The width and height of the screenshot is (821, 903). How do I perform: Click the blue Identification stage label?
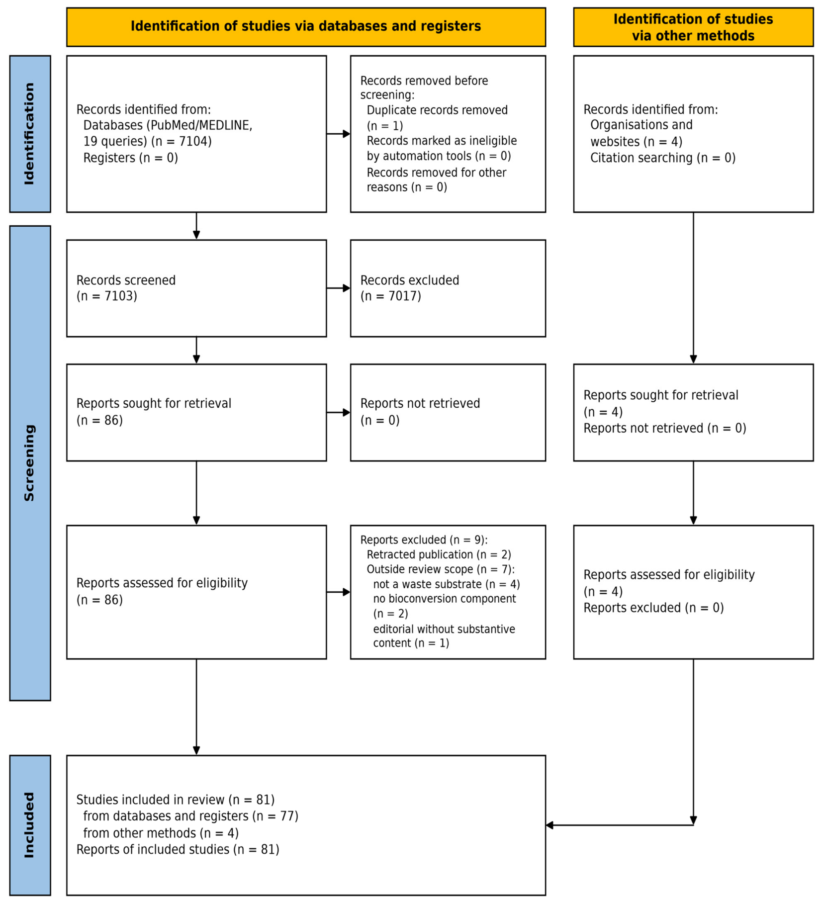(30, 134)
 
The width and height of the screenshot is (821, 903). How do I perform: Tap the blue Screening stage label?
(30, 463)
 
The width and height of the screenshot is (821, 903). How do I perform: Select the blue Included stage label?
(30, 825)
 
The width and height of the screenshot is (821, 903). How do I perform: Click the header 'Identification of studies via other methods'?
(693, 27)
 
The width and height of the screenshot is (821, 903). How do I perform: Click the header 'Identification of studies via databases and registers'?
(306, 26)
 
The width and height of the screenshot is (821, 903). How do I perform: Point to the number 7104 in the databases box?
(195, 141)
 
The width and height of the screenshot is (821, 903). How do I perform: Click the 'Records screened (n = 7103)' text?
(126, 288)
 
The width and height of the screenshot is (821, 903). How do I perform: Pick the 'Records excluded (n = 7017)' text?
(410, 288)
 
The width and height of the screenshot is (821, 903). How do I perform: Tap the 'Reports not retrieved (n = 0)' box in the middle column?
(448, 412)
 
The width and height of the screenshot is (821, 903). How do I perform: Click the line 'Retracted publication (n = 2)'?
(439, 554)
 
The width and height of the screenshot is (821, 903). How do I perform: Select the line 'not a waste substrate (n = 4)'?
(446, 584)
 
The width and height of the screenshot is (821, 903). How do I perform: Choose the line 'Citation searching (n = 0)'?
(662, 158)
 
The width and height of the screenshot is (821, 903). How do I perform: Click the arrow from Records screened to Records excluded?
(338, 288)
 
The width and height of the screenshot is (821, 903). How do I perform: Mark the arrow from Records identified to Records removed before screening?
(338, 134)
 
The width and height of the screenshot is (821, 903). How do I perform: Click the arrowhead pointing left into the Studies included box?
(549, 825)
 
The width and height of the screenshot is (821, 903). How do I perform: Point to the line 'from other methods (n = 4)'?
(161, 833)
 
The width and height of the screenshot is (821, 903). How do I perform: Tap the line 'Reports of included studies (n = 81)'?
(178, 849)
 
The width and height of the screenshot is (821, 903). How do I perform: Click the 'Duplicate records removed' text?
(437, 110)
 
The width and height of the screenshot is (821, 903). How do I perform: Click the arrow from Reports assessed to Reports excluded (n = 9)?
(338, 592)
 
